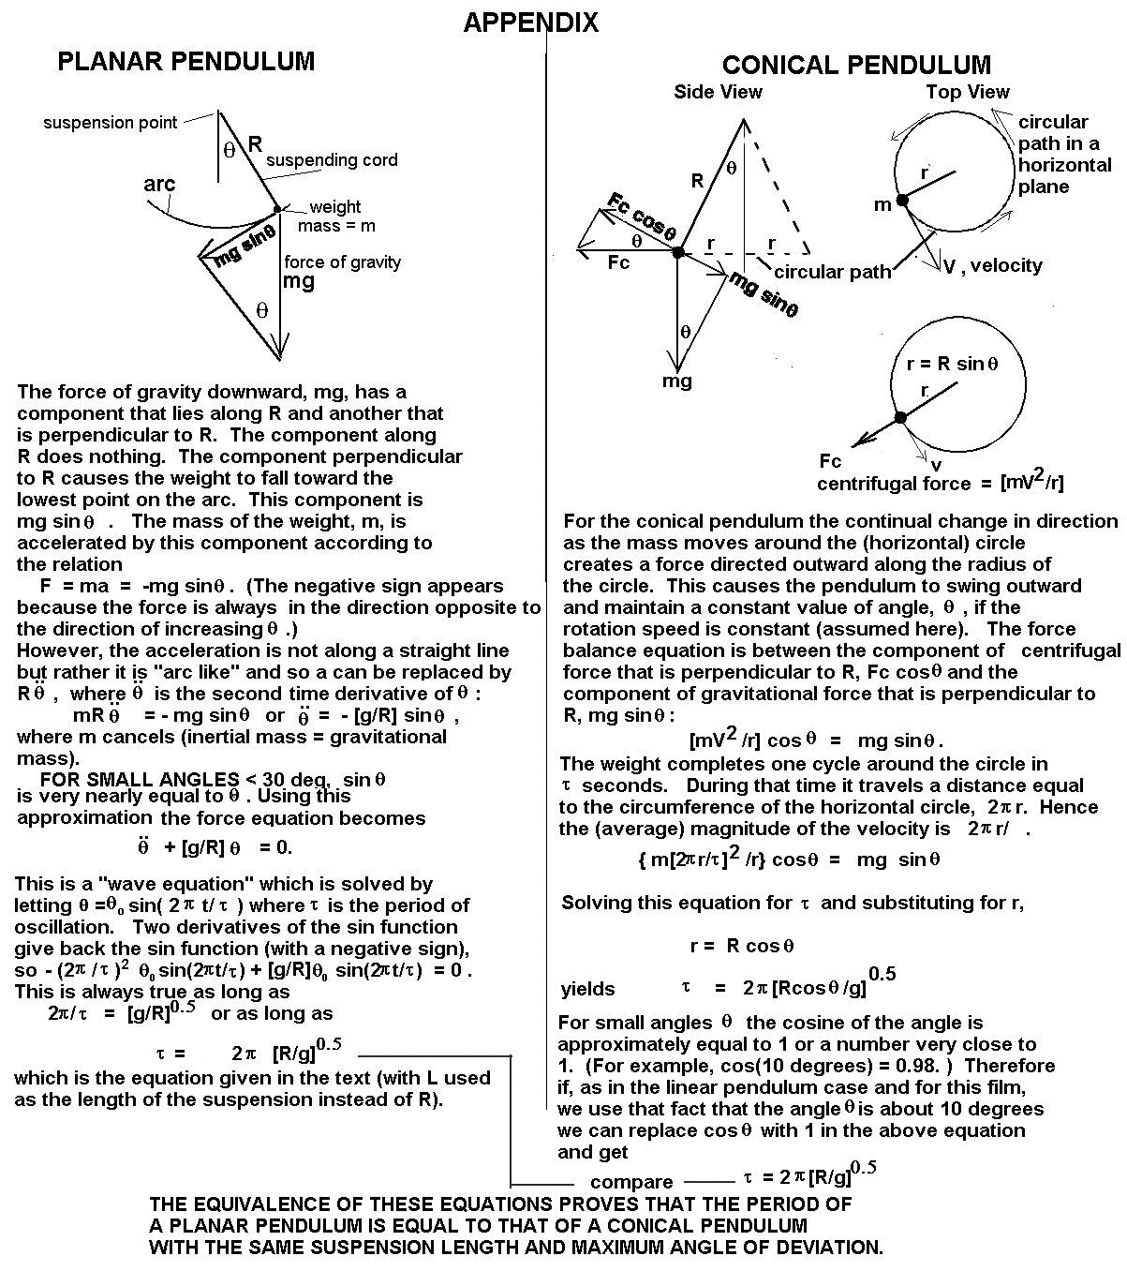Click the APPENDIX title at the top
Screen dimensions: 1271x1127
(531, 22)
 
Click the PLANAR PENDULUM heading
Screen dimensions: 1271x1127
(185, 62)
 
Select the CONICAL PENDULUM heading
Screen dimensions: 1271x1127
(855, 65)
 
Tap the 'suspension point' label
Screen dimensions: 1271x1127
(110, 123)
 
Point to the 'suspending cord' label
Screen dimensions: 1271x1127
(332, 160)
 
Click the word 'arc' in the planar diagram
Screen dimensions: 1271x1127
(159, 184)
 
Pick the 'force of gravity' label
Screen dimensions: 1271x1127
(342, 262)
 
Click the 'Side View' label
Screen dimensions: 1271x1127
(718, 92)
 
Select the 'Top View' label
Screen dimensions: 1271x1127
(967, 92)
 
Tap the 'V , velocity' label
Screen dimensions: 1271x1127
(992, 265)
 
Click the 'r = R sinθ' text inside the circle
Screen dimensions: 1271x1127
(953, 365)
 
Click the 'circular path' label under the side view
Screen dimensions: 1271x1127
(833, 273)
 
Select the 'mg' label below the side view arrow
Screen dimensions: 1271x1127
(677, 381)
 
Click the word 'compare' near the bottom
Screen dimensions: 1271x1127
(631, 1182)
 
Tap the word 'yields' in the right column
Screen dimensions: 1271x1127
(587, 989)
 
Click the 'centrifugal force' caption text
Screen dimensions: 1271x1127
(894, 484)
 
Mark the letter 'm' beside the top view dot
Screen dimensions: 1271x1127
(882, 203)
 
